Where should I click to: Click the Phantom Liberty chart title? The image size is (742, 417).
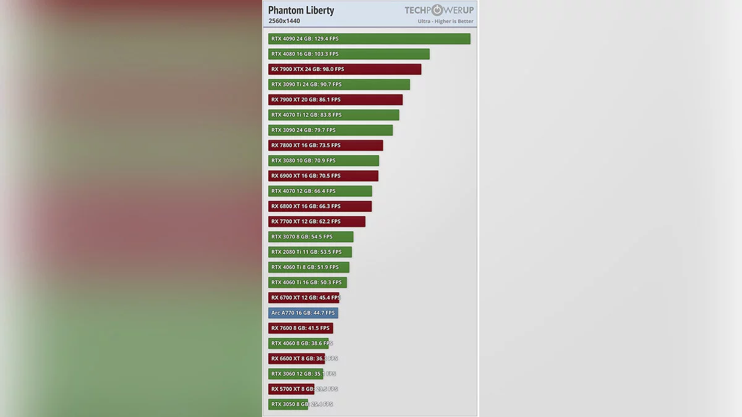pos(301,10)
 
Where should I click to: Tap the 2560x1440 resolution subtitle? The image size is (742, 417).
pos(284,21)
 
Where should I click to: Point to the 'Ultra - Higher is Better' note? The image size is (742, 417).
pos(445,21)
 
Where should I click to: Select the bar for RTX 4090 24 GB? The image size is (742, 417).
pos(369,39)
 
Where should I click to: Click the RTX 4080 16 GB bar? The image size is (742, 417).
pos(349,54)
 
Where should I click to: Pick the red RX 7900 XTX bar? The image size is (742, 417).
pos(344,69)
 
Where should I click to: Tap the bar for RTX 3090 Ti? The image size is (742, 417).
pos(339,85)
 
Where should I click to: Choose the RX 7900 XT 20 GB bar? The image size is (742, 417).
pos(335,99)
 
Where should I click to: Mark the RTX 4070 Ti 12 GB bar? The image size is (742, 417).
pos(333,115)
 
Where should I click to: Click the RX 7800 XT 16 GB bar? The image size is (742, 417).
pos(325,145)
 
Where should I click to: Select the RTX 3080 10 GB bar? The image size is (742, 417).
pos(323,161)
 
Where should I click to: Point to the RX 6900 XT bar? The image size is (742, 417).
pos(323,176)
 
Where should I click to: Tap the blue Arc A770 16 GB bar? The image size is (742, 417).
pos(303,313)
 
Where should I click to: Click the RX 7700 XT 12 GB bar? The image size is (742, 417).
pos(317,222)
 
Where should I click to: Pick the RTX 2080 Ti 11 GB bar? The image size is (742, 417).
pos(310,252)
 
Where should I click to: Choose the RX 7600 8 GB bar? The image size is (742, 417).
pos(301,328)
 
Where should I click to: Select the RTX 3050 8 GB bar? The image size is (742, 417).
pos(288,404)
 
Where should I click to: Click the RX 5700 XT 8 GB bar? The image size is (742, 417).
pos(291,389)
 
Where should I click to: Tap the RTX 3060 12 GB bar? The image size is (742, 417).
pos(296,374)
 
